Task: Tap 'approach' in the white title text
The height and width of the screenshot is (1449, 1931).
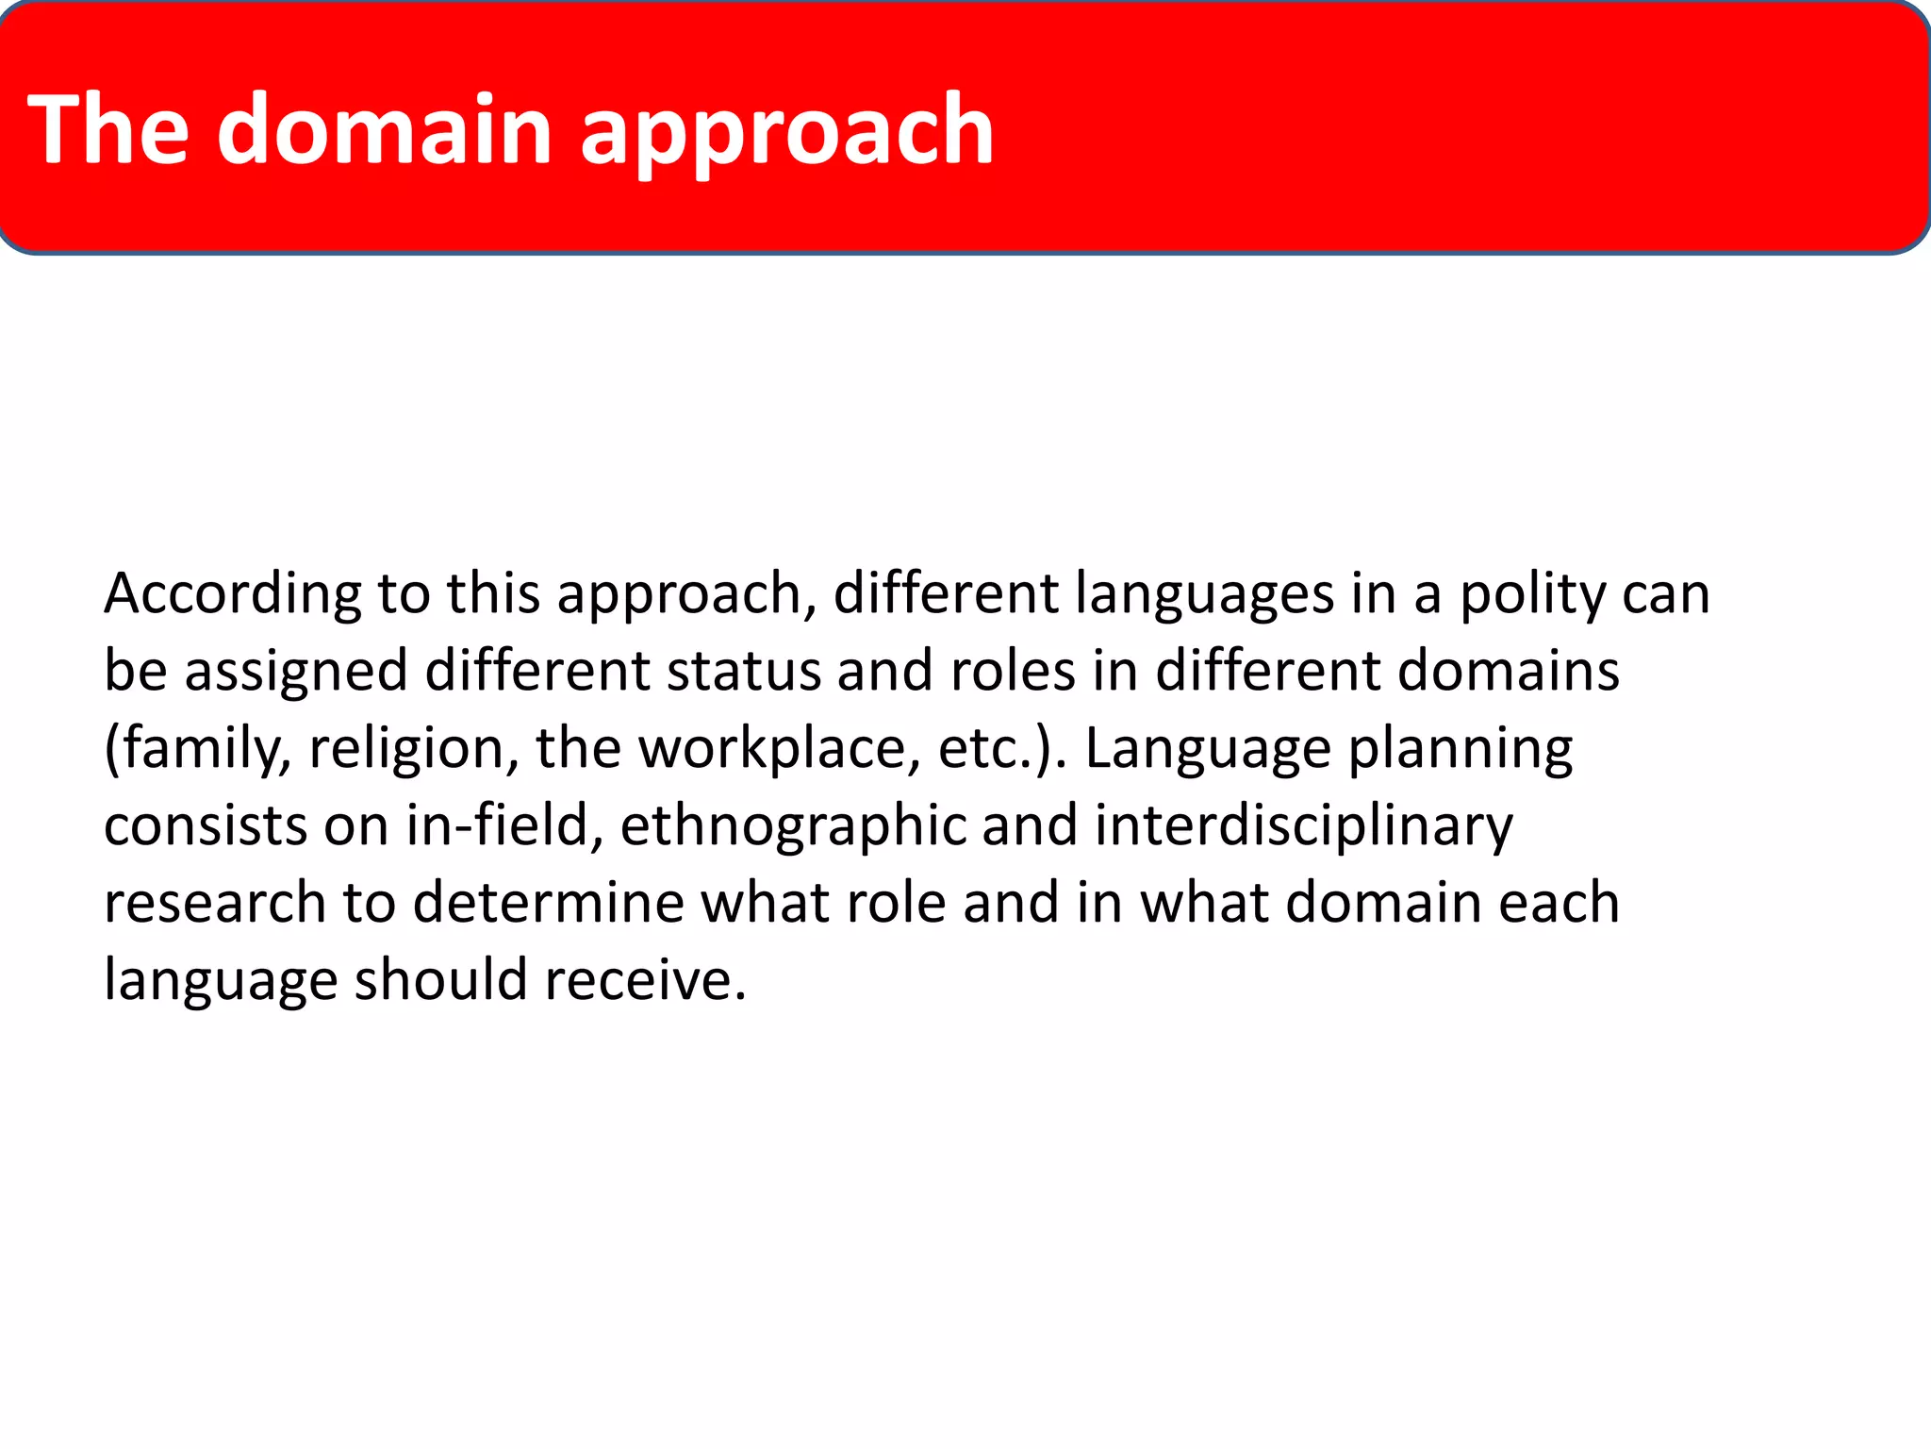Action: click(786, 132)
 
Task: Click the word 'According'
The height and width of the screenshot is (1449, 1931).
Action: click(232, 594)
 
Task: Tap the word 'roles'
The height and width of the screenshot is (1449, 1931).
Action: click(1013, 672)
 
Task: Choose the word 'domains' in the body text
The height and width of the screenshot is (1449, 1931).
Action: click(1508, 672)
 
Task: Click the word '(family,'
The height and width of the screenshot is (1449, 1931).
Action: click(197, 749)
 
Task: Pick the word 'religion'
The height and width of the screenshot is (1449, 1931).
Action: click(413, 749)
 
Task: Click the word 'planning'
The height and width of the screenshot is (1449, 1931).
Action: click(1461, 749)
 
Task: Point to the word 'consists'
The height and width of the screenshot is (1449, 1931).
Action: click(206, 826)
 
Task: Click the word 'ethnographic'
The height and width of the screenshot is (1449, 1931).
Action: click(793, 826)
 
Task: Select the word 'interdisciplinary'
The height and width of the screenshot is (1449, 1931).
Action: click(1303, 826)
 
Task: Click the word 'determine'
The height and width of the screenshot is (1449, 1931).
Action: click(548, 903)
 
